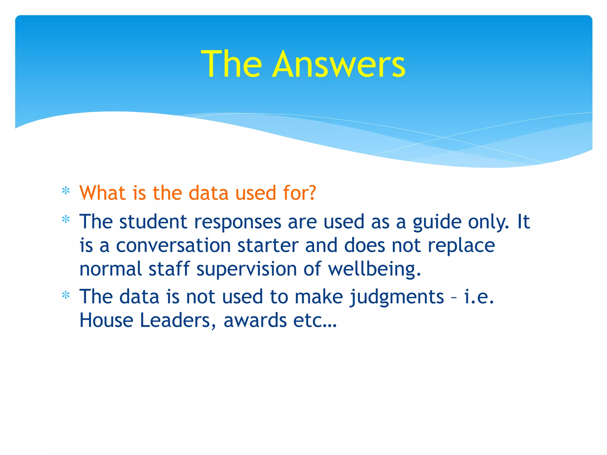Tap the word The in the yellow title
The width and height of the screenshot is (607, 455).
click(231, 64)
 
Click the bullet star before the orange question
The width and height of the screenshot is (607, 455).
click(66, 191)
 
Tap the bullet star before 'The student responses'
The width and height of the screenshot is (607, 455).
click(66, 220)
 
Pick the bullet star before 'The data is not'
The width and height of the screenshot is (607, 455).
click(66, 295)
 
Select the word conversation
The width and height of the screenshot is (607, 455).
click(173, 246)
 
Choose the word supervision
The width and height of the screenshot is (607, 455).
click(247, 270)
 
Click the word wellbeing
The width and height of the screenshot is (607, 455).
click(374, 270)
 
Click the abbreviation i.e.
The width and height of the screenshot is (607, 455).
click(479, 297)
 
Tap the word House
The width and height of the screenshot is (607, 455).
click(106, 321)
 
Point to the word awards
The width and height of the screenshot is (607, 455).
click(255, 321)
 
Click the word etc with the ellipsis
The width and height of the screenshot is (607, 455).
click(315, 321)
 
